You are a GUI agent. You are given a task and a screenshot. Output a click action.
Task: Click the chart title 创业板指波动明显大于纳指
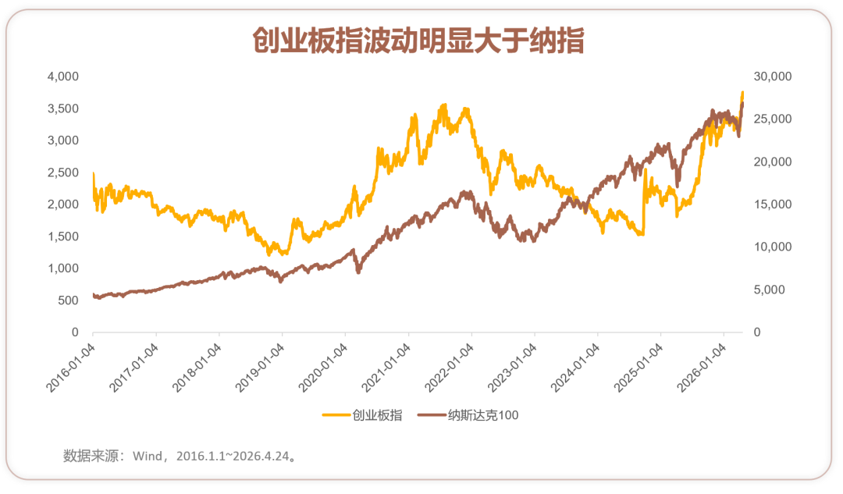pos(418,41)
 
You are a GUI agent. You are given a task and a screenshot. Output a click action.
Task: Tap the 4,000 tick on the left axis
pos(63,76)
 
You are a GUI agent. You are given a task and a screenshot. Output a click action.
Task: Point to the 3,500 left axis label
pos(63,108)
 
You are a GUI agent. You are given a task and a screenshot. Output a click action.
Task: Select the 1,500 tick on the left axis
pos(63,236)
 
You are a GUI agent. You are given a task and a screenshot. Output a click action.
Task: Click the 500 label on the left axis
pos(68,300)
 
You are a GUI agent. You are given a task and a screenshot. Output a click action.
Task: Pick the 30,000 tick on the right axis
pos(773,76)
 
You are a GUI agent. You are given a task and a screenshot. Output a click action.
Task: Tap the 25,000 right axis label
pos(773,119)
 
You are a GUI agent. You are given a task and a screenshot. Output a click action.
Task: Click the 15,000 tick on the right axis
pos(773,204)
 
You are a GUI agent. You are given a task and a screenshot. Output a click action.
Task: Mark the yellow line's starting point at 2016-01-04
pos(94,173)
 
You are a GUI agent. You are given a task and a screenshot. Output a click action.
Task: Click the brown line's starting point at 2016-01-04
pos(94,294)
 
